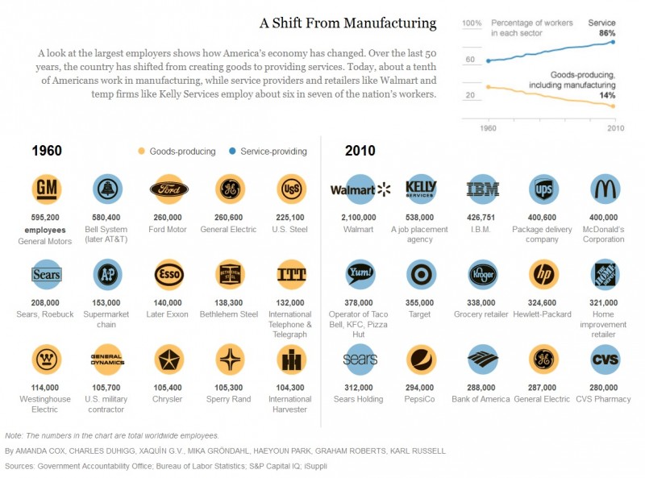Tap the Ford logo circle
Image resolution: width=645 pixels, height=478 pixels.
pos(169,189)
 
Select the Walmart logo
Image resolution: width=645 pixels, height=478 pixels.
pos(360,189)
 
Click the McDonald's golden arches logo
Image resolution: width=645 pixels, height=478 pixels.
pos(605,189)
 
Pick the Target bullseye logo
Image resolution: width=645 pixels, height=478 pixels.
pos(421,274)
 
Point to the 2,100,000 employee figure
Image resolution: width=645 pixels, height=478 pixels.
pos(360,218)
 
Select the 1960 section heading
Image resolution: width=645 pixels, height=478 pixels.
pos(47,151)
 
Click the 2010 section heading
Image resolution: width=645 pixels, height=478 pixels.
pos(360,151)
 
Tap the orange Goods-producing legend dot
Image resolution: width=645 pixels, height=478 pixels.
pos(142,152)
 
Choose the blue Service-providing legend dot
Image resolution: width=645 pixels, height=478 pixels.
pos(232,152)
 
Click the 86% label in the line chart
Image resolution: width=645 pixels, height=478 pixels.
pos(607,33)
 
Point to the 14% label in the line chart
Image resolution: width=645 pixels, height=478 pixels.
pos(607,95)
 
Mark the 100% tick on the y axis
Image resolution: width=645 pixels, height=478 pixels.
pos(472,23)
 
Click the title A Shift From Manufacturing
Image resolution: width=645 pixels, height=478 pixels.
pos(347,23)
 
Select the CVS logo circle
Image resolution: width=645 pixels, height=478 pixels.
pos(605,359)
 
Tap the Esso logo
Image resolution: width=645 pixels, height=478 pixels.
pos(169,274)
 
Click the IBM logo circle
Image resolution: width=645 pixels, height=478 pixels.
pos(482,189)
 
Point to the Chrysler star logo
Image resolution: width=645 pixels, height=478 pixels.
pos(169,359)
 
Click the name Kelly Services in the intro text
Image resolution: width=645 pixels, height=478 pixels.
pos(189,94)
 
